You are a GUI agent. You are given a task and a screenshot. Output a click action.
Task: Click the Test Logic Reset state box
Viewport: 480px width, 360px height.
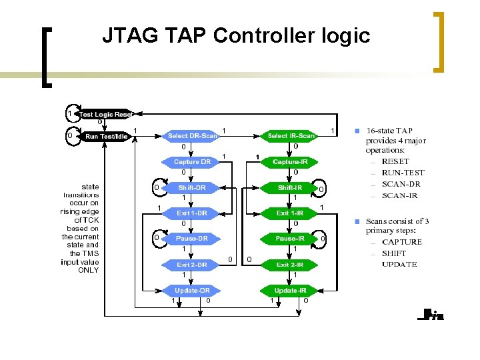click(x=105, y=115)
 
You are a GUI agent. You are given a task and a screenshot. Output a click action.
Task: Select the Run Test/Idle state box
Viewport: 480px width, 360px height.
click(x=106, y=137)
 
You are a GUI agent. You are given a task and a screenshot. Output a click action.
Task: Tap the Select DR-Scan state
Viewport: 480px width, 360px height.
click(x=192, y=136)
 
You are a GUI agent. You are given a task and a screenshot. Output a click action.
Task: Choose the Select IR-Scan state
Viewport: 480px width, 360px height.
click(x=291, y=136)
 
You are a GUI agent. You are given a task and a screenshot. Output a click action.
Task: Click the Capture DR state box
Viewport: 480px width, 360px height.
click(x=192, y=162)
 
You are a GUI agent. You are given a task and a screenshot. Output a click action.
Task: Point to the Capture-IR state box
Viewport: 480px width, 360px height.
click(x=291, y=162)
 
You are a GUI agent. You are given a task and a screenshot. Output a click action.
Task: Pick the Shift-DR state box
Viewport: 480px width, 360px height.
click(x=192, y=188)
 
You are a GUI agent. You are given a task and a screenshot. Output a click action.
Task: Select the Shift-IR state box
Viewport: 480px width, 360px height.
click(x=291, y=188)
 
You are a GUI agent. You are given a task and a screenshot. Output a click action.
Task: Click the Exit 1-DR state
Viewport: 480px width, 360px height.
click(x=192, y=213)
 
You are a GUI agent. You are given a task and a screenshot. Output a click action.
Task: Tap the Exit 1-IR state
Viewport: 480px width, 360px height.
click(x=291, y=213)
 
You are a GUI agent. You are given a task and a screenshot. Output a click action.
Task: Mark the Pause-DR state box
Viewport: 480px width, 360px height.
click(x=192, y=239)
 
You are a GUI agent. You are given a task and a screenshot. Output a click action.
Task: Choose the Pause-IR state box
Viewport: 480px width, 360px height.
click(x=291, y=239)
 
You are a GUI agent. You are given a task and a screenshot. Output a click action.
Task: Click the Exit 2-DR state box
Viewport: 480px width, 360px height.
click(x=192, y=265)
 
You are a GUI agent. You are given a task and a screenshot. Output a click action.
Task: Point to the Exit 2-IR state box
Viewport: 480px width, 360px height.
click(x=291, y=265)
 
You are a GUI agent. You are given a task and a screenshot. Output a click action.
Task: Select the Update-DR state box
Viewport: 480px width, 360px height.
click(x=192, y=291)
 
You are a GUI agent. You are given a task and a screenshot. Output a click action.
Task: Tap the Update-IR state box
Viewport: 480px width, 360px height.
click(x=291, y=291)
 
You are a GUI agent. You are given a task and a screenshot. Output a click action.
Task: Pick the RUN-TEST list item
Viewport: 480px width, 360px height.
click(x=403, y=173)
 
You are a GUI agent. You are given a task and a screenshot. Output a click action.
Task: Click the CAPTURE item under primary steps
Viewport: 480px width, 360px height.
click(x=401, y=242)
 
